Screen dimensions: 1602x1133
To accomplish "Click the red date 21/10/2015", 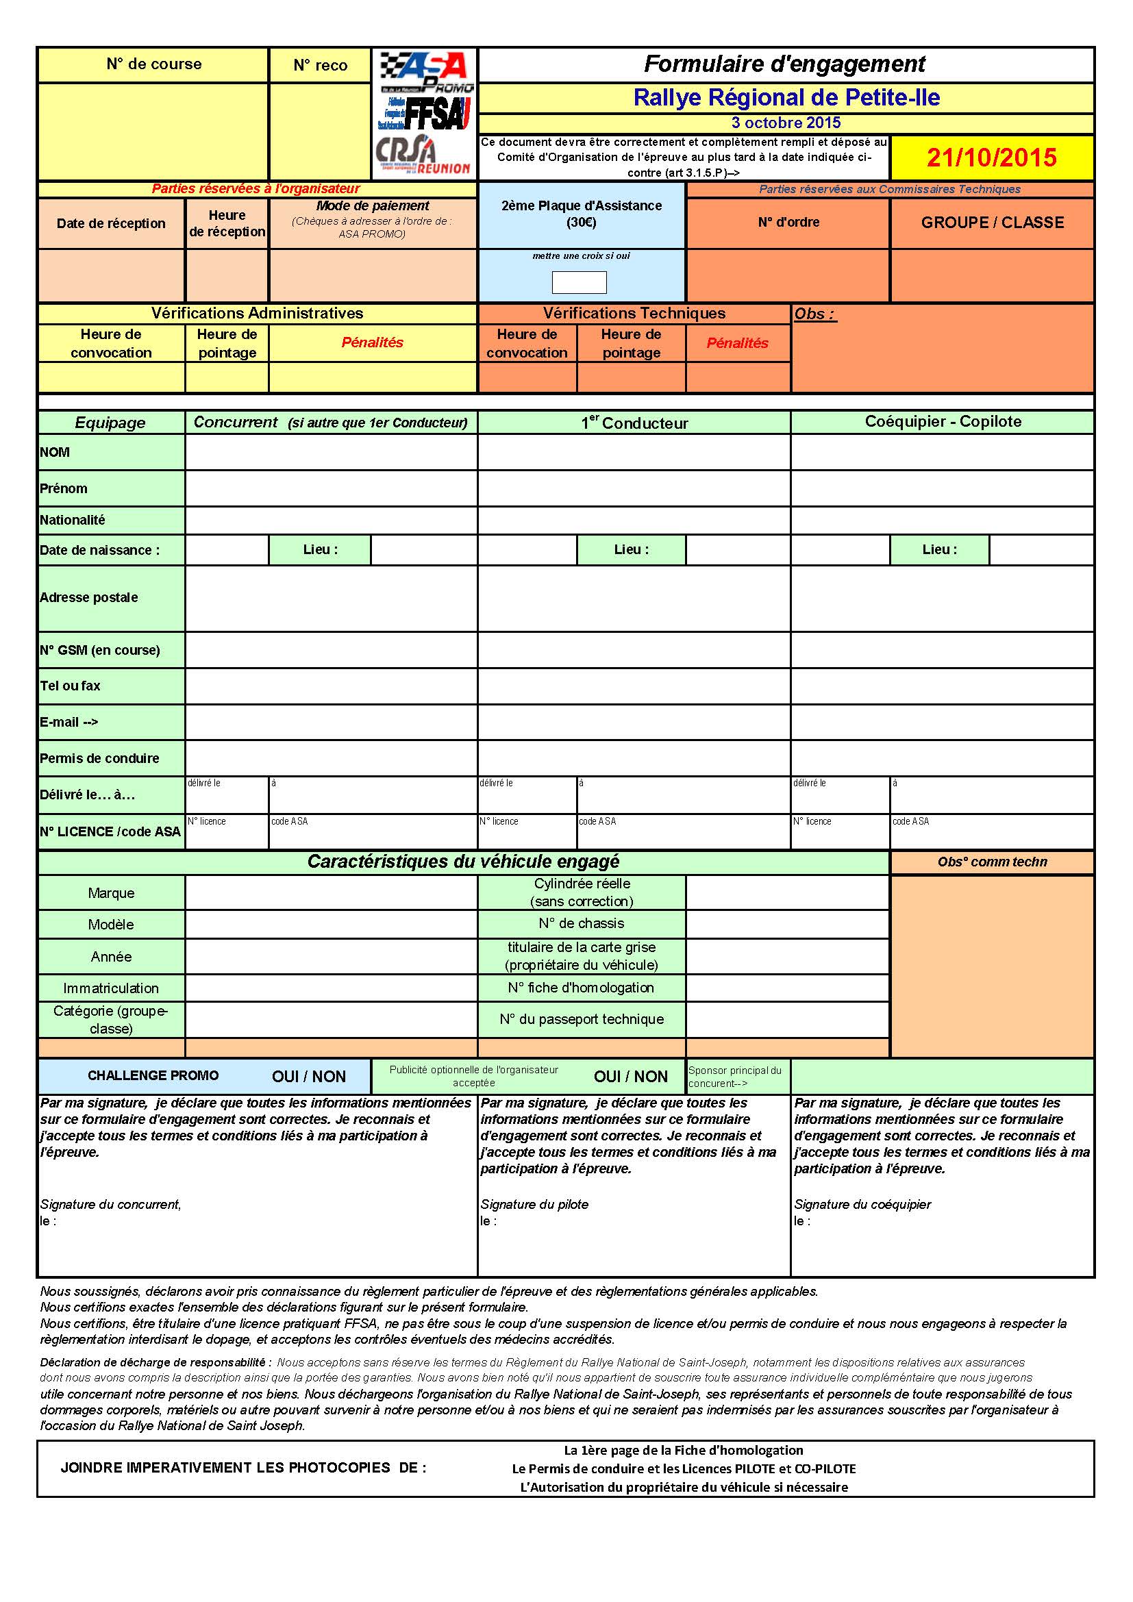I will click(991, 158).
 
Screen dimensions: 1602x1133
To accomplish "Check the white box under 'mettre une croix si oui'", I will click(579, 283).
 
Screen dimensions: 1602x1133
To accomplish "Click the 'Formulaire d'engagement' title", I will click(785, 64).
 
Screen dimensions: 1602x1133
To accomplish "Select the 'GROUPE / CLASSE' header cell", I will click(992, 223).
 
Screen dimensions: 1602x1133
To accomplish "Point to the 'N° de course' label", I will click(154, 64).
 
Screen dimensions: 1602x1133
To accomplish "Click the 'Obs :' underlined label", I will click(814, 314).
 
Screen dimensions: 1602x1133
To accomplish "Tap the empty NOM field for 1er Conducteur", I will click(634, 452).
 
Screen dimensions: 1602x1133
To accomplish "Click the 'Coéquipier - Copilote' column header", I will click(943, 421).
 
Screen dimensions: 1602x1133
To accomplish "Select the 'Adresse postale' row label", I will click(88, 597).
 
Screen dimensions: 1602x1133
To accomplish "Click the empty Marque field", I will click(332, 893).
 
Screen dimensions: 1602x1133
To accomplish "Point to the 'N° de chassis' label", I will click(581, 923).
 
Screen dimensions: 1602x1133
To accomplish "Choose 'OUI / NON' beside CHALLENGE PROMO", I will click(308, 1076).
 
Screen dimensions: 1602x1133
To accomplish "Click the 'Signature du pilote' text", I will click(534, 1203).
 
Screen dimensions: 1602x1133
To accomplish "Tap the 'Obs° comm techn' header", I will click(992, 862).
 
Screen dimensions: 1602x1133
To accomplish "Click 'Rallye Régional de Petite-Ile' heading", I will click(786, 98).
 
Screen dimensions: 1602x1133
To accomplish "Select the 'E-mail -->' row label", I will click(69, 722).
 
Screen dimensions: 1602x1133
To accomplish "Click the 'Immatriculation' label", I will click(111, 988).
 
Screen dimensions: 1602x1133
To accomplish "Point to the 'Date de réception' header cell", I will click(111, 223).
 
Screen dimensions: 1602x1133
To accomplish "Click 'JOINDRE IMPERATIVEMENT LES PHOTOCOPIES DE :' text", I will click(242, 1467).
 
